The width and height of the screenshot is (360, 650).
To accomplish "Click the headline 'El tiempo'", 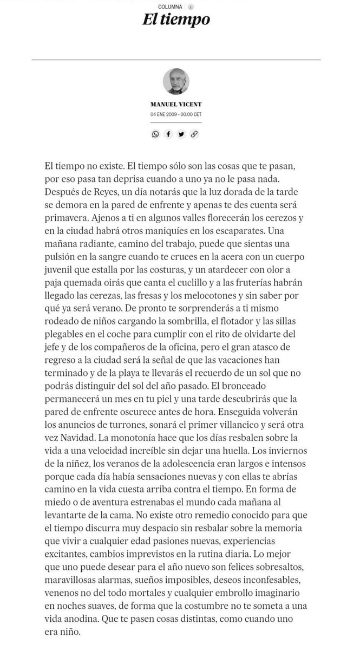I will pos(176,21).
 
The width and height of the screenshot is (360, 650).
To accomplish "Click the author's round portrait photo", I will pos(176,82).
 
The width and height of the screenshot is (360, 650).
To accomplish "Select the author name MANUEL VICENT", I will pos(176,105).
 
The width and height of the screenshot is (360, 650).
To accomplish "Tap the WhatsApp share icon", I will pos(156,134).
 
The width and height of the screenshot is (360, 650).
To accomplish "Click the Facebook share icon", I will pos(169,134).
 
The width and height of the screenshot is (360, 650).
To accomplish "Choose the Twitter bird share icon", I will pos(181,134).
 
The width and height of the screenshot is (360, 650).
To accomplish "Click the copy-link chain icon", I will pos(194,134).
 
